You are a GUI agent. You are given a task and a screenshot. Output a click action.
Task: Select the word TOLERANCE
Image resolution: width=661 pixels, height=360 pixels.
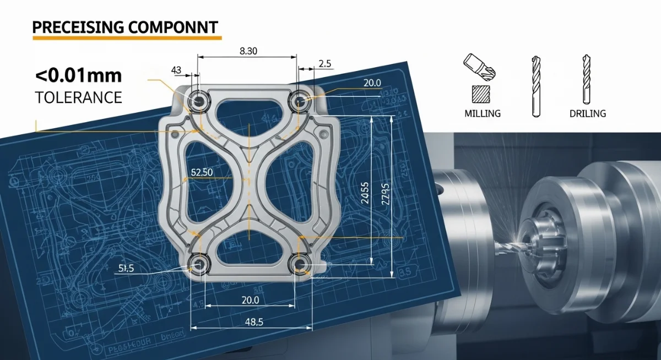point(78,97)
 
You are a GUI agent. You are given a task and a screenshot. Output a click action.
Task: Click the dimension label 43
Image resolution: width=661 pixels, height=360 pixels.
point(176,70)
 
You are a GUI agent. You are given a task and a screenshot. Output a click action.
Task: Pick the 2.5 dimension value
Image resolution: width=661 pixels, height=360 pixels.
point(325,64)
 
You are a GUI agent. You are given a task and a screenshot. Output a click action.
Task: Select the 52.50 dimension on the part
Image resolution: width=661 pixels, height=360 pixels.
point(202,172)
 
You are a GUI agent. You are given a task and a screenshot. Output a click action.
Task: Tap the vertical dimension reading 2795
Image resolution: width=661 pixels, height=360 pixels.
point(384,193)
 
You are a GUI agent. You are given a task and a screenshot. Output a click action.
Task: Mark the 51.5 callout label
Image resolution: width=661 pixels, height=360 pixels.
point(126,268)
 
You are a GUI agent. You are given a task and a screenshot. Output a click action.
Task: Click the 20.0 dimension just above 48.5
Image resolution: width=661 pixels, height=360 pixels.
point(250,300)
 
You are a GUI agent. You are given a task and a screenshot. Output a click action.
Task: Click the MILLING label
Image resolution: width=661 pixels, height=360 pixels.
point(483,113)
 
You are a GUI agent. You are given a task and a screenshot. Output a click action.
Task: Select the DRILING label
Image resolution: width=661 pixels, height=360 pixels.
point(587,113)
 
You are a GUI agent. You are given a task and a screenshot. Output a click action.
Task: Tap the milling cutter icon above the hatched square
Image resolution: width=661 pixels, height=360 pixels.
point(480,66)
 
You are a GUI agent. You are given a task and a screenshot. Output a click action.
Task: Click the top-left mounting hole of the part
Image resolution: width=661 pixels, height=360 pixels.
point(198,100)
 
